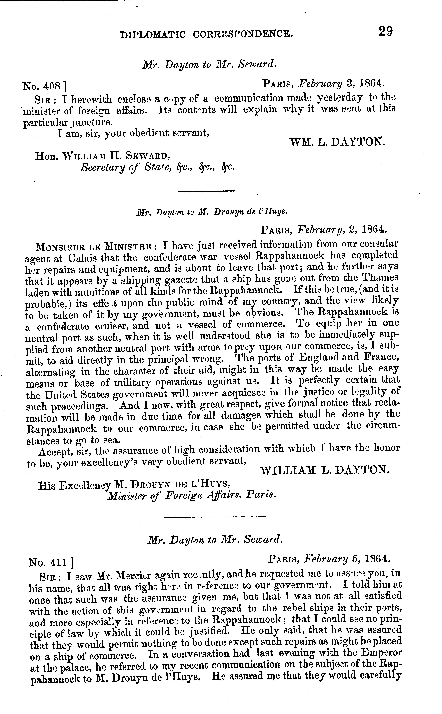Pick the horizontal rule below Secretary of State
click(x=206, y=191)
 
